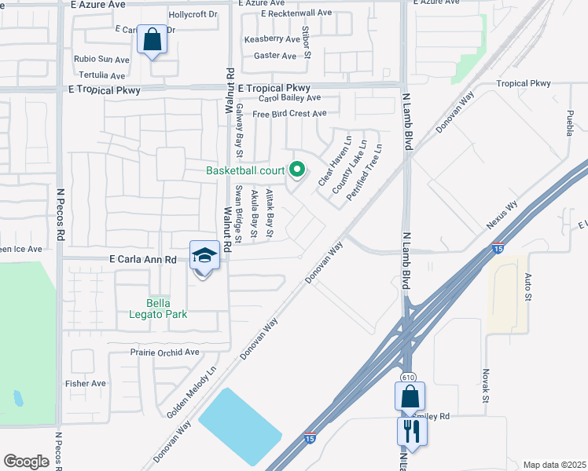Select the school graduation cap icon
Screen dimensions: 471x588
coord(204,257)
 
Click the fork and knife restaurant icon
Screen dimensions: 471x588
coord(412,429)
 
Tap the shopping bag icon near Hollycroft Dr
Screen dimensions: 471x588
coord(153,39)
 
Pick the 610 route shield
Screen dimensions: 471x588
coord(408,378)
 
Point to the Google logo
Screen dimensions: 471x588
coord(26,462)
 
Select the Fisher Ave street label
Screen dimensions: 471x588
coord(86,383)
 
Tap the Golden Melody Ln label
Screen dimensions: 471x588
coord(191,393)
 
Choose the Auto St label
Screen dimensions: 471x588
coord(528,287)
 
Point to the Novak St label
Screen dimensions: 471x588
coord(486,387)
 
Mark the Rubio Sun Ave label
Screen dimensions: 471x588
coord(101,59)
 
